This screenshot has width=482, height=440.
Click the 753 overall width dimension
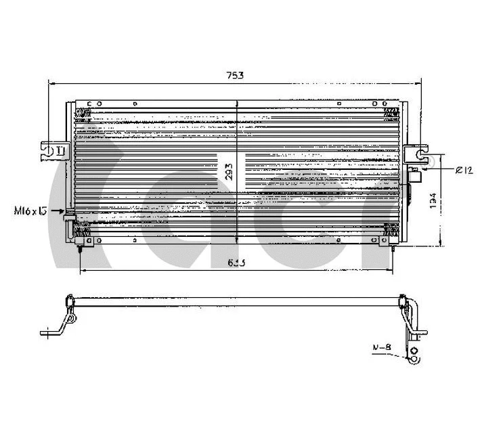coord(234,76)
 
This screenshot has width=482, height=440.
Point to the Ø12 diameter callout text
coord(462,171)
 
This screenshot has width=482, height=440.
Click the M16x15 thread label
coord(30,211)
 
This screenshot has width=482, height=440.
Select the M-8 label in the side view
coord(382,348)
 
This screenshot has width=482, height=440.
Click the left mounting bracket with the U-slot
coord(53,150)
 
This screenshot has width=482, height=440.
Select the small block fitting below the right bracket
coord(415,177)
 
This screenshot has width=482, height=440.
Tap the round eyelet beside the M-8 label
coord(413,351)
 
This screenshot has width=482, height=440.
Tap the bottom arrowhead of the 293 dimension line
coord(236,240)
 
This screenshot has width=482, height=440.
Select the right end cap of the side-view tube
coord(404,299)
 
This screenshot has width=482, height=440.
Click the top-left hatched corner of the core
coord(83,112)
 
